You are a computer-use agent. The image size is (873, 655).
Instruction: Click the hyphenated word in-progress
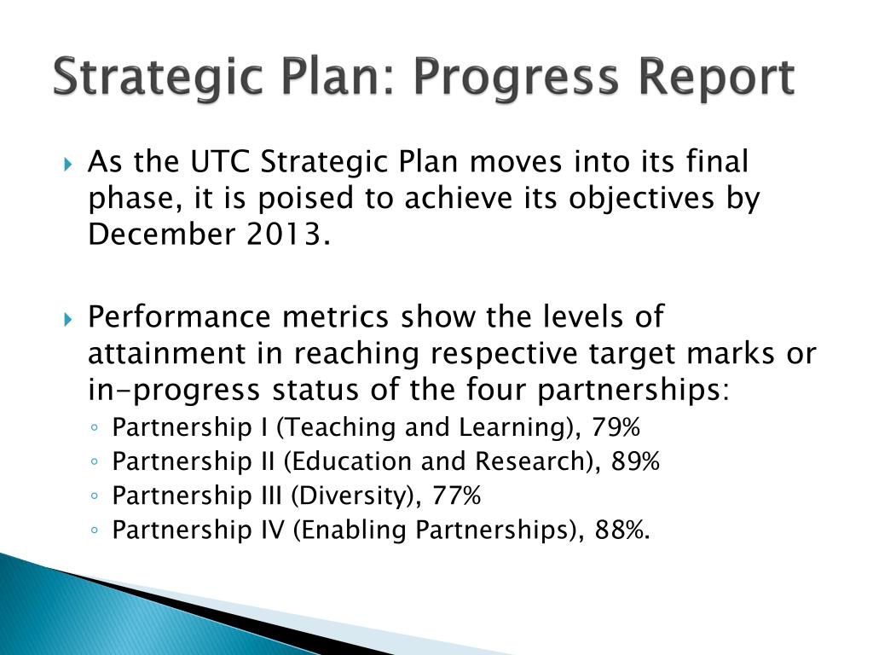(176, 390)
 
